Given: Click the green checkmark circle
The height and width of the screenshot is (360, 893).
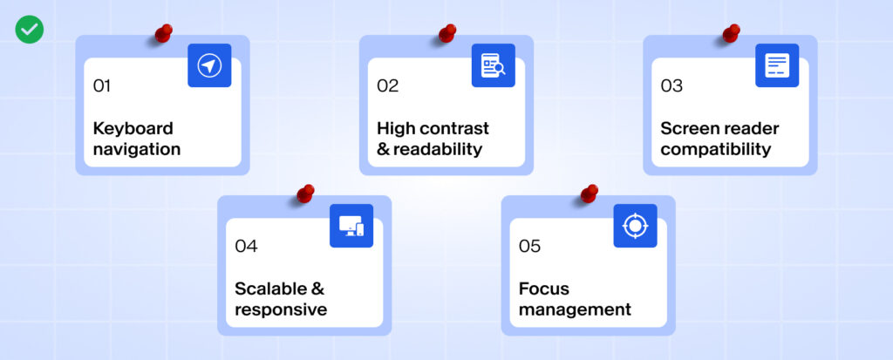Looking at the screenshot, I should [29, 30].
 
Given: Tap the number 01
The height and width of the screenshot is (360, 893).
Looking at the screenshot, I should [102, 85].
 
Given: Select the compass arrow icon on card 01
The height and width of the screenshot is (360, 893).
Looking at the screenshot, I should [209, 65].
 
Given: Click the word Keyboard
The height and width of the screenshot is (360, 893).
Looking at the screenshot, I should [133, 129].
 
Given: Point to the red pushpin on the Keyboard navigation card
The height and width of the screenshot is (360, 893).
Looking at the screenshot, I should [162, 33].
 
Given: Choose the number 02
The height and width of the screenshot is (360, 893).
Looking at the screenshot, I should [387, 85].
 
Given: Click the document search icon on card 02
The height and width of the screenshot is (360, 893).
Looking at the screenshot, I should [494, 65].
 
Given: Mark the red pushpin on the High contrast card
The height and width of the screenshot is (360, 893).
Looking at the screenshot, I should [446, 33].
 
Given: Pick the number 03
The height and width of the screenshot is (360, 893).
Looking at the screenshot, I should [671, 85].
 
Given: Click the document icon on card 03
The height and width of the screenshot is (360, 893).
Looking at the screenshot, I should [777, 65].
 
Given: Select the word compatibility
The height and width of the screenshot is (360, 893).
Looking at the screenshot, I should [715, 149].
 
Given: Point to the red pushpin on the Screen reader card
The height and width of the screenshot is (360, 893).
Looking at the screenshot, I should [730, 33].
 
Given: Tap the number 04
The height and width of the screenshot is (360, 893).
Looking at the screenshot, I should [246, 246].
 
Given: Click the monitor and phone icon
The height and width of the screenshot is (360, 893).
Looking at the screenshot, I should [351, 226].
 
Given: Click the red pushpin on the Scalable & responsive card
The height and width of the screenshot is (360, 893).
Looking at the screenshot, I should [304, 194].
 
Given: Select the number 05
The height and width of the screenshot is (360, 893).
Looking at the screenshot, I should [529, 246].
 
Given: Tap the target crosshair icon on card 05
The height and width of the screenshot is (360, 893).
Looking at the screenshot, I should [635, 226].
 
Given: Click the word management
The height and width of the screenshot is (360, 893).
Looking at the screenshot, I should [575, 309].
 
